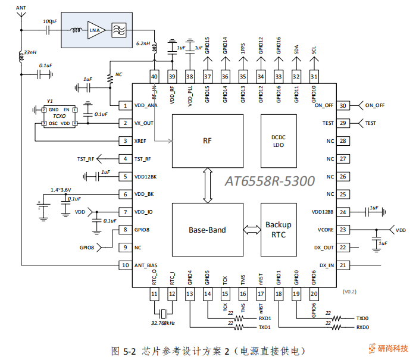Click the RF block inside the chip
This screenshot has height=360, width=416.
coord(208,140)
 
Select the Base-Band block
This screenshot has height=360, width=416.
coord(208,230)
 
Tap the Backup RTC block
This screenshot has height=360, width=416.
coord(279,230)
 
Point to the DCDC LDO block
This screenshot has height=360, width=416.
coord(279,140)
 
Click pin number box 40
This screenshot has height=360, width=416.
coord(154,76)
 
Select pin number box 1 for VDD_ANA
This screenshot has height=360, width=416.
coord(125,106)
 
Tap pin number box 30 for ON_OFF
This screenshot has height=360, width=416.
coord(342,105)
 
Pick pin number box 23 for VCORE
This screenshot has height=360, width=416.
coord(342,229)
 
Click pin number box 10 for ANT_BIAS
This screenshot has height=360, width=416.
coord(125,265)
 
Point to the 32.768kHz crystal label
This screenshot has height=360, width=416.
coord(162,323)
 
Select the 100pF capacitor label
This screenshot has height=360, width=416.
coord(50,21)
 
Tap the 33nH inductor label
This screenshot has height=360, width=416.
coord(30,53)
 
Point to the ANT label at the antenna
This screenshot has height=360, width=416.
coord(21,8)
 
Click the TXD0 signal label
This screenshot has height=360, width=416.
coord(362,318)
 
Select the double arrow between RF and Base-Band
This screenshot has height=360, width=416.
coord(208,185)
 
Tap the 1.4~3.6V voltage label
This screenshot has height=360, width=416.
coord(61,189)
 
